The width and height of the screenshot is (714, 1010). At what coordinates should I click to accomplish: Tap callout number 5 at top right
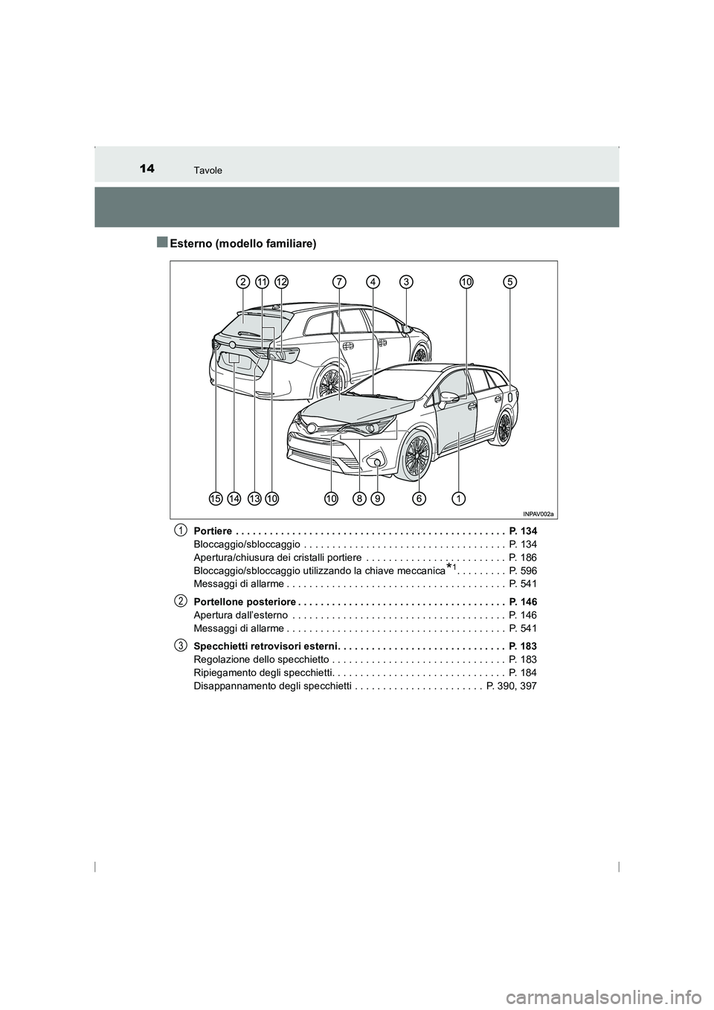(x=509, y=281)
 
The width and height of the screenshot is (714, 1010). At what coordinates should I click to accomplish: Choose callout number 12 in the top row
(x=281, y=281)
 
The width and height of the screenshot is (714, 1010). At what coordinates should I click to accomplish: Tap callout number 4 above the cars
(x=373, y=281)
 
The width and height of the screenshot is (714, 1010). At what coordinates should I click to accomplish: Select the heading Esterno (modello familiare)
(x=242, y=243)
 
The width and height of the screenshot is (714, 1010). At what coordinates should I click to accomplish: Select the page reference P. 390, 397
(x=511, y=686)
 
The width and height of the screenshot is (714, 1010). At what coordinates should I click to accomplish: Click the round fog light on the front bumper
(x=377, y=463)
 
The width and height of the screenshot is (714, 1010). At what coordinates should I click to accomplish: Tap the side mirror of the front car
(x=448, y=398)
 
